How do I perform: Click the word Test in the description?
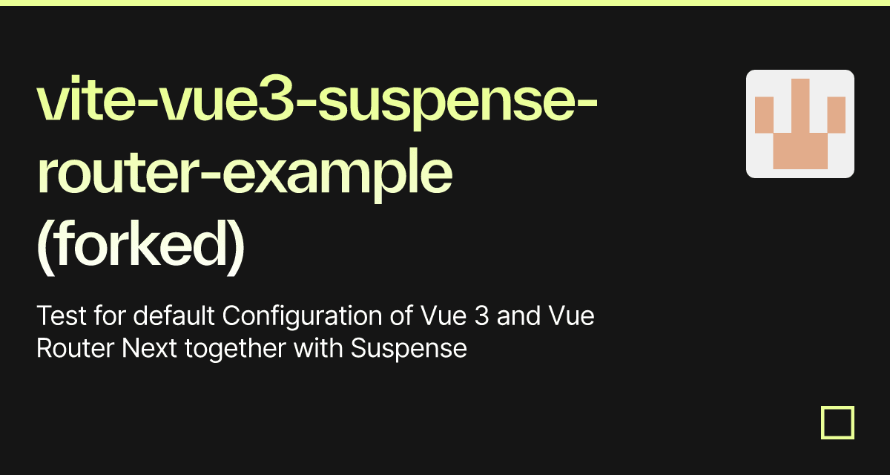click(x=61, y=316)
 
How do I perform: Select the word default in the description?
click(x=174, y=315)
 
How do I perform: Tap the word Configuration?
click(x=302, y=317)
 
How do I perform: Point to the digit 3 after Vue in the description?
click(x=481, y=316)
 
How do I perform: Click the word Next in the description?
click(x=149, y=348)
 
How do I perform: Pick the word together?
click(x=235, y=349)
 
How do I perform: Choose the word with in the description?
click(x=318, y=348)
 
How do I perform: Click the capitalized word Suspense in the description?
click(x=409, y=349)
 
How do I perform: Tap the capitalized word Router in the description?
click(x=76, y=348)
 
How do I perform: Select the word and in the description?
click(x=518, y=315)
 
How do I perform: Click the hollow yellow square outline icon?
click(x=837, y=407)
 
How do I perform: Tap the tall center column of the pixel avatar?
click(x=800, y=105)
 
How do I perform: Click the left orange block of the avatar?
click(x=764, y=115)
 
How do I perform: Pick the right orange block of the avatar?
click(x=837, y=115)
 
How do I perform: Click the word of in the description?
click(x=401, y=315)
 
